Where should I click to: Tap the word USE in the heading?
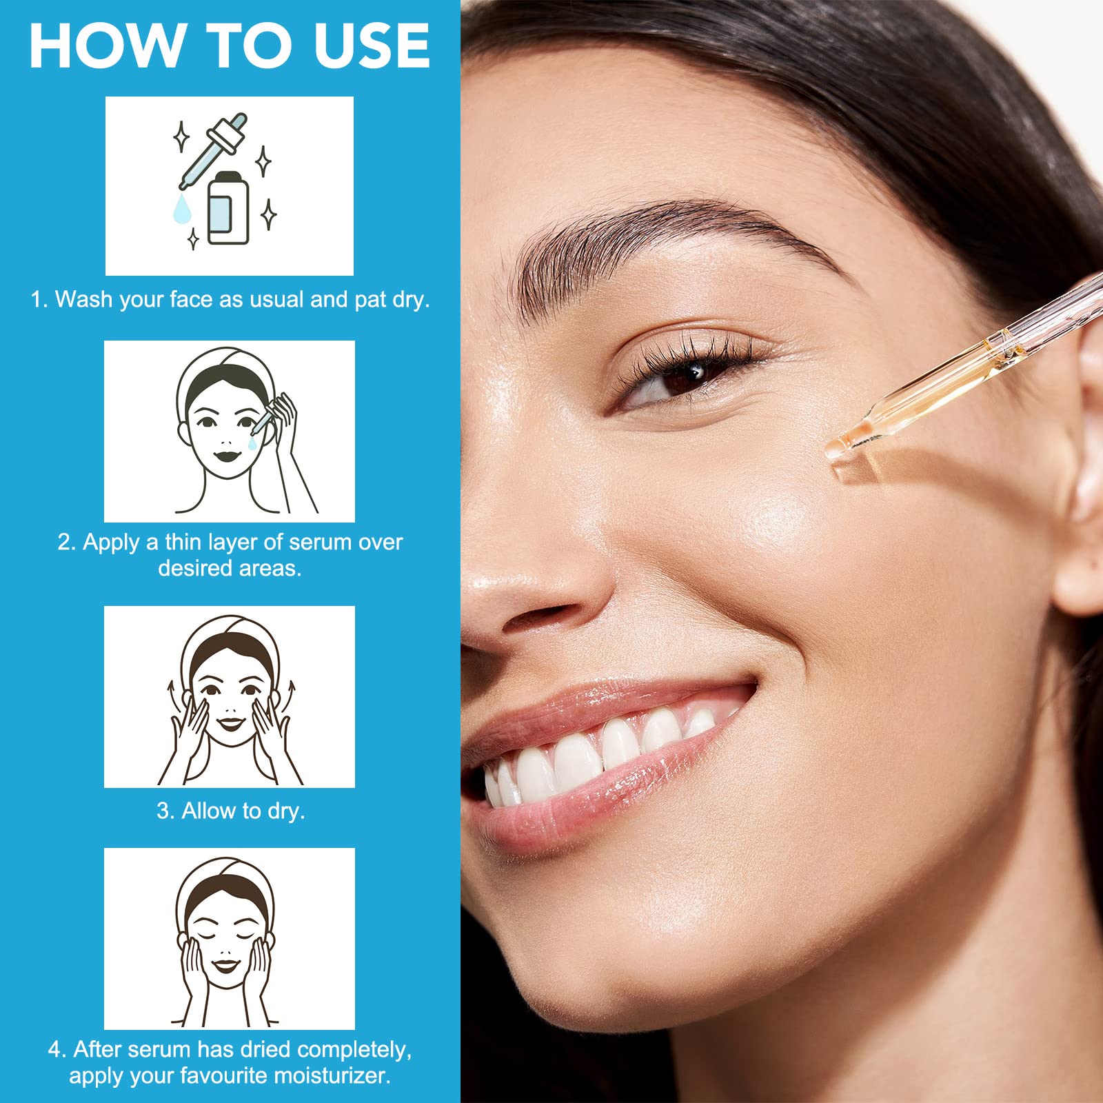[372, 45]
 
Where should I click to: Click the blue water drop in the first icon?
[182, 208]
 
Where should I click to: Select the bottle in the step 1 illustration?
[228, 208]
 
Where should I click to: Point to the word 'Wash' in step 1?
[83, 299]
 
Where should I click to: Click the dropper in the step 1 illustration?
[212, 151]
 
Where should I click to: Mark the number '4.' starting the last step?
[57, 1049]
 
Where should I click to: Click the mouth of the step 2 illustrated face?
[225, 456]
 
